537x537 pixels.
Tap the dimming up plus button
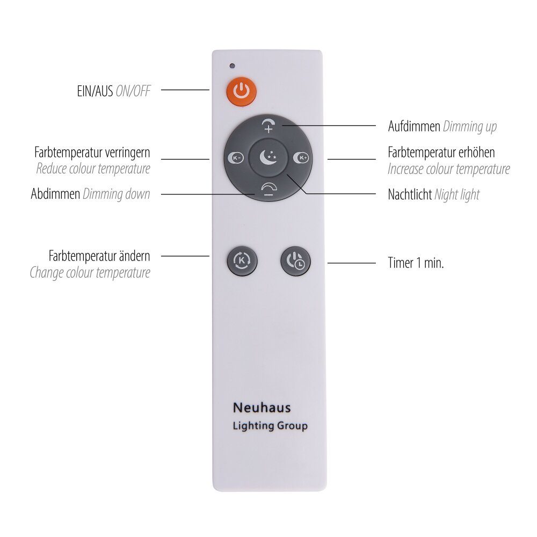tap(268, 126)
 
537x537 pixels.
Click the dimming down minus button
tap(269, 190)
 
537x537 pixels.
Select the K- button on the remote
tap(236, 157)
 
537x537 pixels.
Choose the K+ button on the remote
tap(301, 157)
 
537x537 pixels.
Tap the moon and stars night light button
tap(268, 157)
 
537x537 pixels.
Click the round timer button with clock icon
tap(295, 261)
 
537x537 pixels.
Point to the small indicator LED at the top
tap(232, 66)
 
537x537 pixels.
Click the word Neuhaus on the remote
tap(262, 408)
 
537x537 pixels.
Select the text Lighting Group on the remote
tap(270, 426)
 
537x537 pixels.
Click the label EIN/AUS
tap(95, 91)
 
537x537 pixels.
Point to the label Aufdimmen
tap(414, 126)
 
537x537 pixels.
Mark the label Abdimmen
tap(55, 194)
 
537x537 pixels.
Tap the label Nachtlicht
tap(410, 194)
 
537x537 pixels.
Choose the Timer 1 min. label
tap(416, 263)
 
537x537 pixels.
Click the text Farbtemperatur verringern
tap(92, 153)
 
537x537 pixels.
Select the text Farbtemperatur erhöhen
tap(441, 153)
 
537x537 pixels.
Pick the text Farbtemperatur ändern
tap(99, 256)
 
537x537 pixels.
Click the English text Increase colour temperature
tap(449, 169)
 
